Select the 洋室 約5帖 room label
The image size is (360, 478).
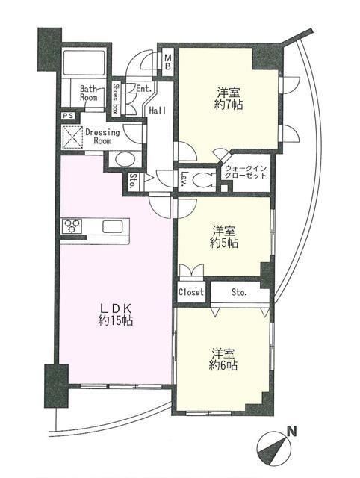pos(224,236)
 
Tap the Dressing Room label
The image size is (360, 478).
pos(103,137)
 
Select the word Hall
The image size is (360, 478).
pos(157,110)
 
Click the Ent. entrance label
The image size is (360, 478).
pos(144,88)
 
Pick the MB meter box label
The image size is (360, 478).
pos(168,59)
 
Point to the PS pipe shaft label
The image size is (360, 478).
pos(68,117)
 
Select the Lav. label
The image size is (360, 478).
pos(183,177)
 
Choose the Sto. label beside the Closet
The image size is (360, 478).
pos(239,291)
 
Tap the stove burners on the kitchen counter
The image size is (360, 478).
pos(74,224)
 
